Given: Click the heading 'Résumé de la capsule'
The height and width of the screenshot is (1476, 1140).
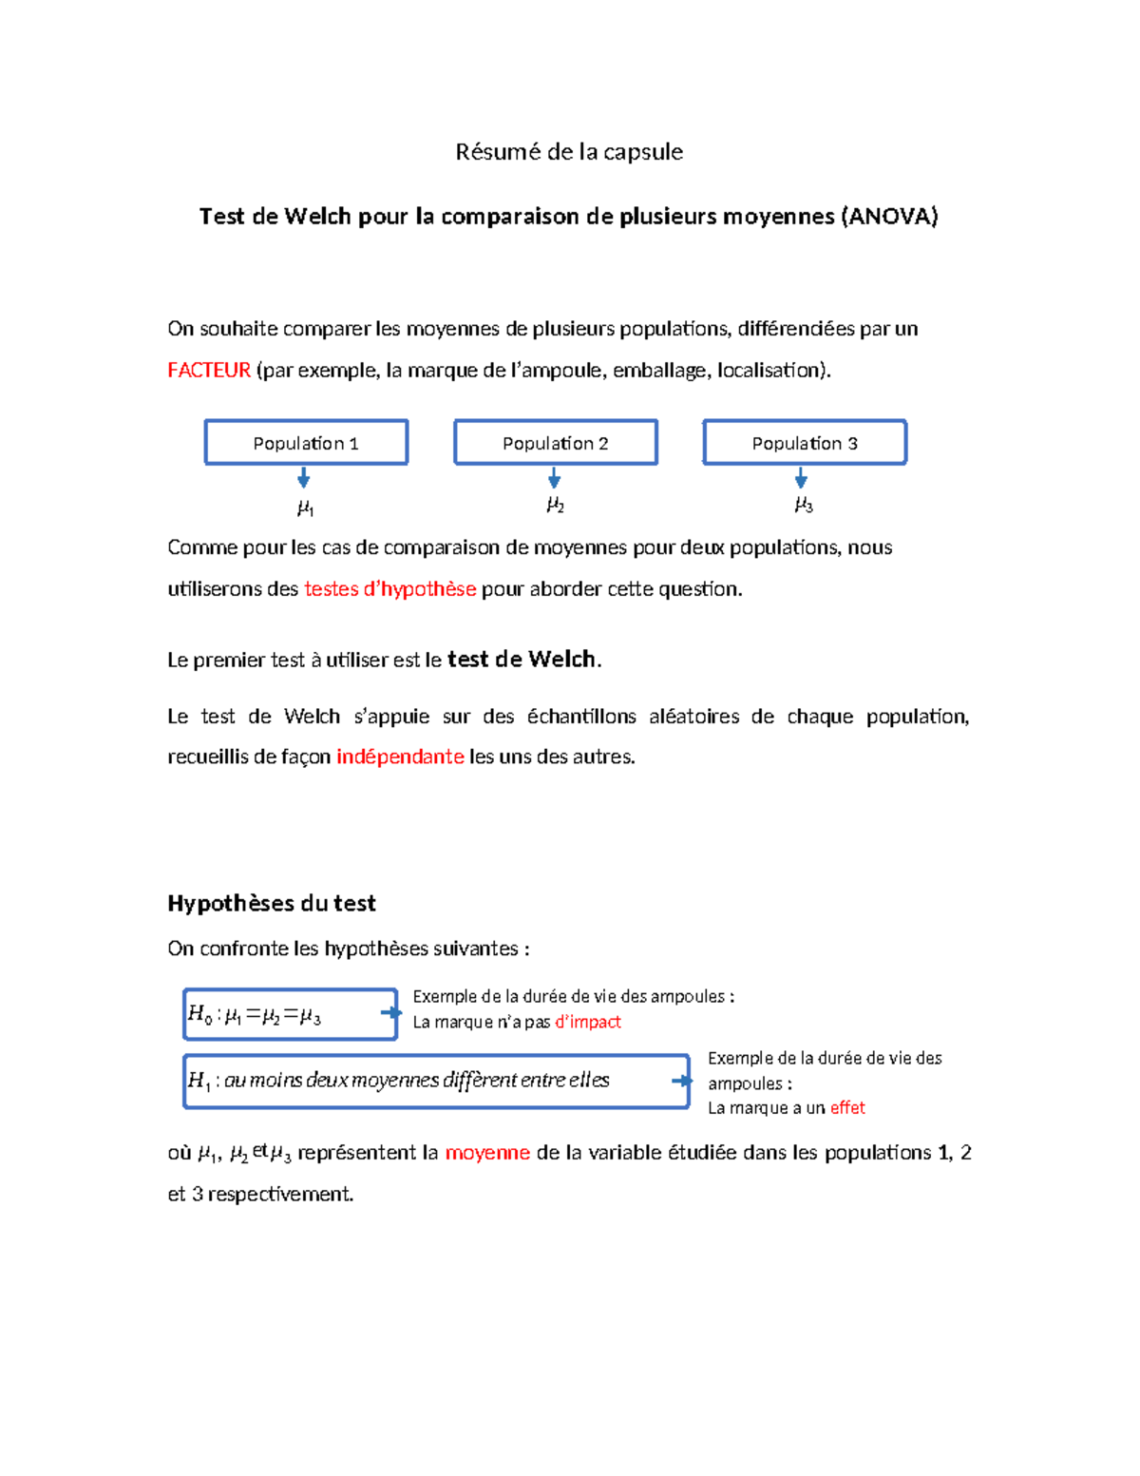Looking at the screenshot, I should pyautogui.click(x=569, y=152).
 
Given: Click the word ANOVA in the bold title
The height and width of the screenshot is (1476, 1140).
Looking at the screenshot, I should pyautogui.click(x=889, y=217).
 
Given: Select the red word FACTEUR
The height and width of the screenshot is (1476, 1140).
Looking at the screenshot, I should pyautogui.click(x=209, y=371).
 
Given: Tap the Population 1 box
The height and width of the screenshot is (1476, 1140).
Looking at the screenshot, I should pyautogui.click(x=306, y=443).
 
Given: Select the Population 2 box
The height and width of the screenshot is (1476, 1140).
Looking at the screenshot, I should pyautogui.click(x=556, y=443).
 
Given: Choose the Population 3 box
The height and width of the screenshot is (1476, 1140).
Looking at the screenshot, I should pyautogui.click(x=805, y=443).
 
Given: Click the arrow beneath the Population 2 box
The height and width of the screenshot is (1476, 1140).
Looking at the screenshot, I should pyautogui.click(x=555, y=478).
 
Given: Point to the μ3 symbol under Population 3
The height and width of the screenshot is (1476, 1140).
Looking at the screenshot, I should pyautogui.click(x=804, y=506).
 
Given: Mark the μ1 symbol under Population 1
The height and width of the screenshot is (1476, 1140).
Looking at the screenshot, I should pyautogui.click(x=306, y=508).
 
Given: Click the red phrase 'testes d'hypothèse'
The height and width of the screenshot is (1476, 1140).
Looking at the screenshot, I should pyautogui.click(x=389, y=589).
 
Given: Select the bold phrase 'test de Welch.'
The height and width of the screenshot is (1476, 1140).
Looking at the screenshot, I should pyautogui.click(x=523, y=660).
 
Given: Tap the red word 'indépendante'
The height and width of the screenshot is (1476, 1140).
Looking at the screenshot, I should pyautogui.click(x=400, y=757).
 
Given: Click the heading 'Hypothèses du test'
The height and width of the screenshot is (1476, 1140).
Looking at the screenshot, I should pyautogui.click(x=272, y=904).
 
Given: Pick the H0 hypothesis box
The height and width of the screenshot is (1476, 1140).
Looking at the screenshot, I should pyautogui.click(x=290, y=1015).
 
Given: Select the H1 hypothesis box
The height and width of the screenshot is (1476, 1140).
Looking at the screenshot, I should pyautogui.click(x=435, y=1081).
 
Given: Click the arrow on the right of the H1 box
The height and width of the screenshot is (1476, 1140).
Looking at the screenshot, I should pyautogui.click(x=681, y=1081).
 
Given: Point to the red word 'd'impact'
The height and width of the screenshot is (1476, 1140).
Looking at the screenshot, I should pyautogui.click(x=587, y=1023).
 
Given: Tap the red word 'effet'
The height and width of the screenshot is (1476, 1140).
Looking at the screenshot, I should pyautogui.click(x=847, y=1108).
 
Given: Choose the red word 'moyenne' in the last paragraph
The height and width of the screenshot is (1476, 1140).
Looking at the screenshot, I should pyautogui.click(x=487, y=1153).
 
